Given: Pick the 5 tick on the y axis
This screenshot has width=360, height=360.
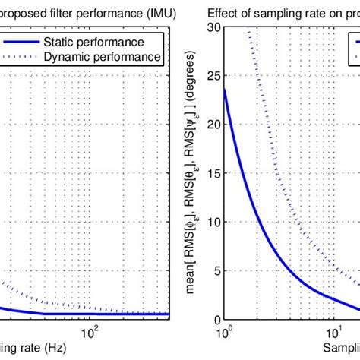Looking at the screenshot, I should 216,271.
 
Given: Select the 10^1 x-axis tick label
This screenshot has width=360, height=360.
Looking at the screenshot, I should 334,331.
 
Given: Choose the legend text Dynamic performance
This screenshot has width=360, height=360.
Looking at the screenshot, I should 106,56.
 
